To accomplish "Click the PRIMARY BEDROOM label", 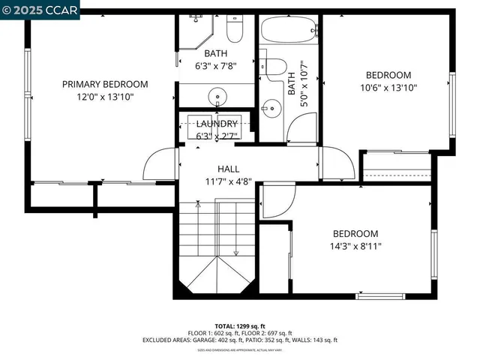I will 104,85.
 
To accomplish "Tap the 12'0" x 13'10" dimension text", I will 104,97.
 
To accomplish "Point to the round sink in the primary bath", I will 217,95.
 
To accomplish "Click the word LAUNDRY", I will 217,124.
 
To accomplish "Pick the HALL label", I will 229,169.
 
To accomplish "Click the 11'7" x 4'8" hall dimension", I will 229,181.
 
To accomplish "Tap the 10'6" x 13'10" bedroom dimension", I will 388,87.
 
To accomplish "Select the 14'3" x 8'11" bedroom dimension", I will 355,246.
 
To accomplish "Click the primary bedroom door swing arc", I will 159,163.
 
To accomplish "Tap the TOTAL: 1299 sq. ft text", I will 240,326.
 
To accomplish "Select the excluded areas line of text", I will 240,340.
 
